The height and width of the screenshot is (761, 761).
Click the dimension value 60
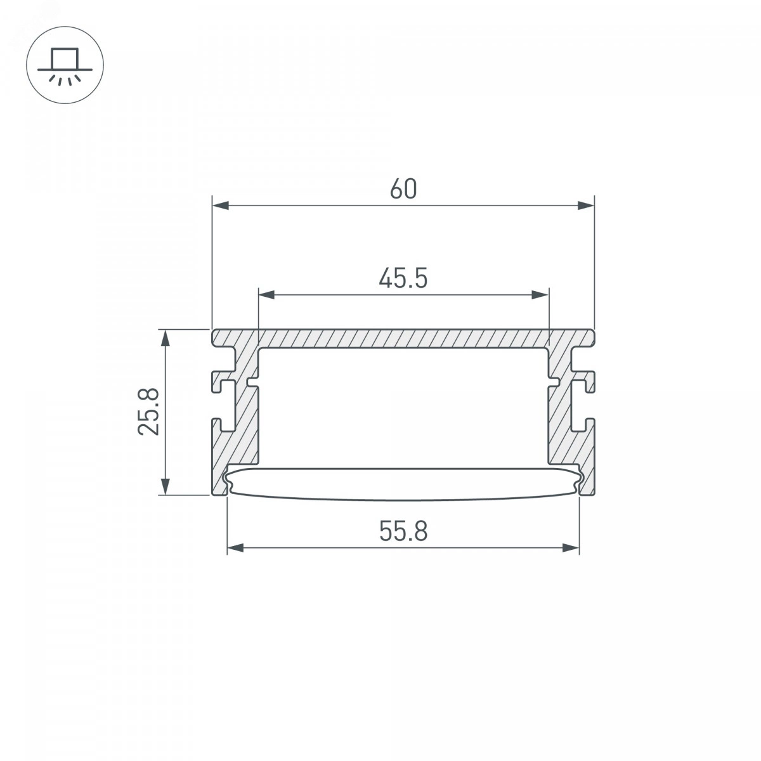[x=403, y=189]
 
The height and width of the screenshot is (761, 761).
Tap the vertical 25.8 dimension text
[x=149, y=412]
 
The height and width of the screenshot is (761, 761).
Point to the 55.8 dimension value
[x=403, y=531]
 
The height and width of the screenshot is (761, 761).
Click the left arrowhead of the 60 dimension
[x=220, y=205]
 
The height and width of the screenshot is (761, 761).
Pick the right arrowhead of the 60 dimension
[x=586, y=205]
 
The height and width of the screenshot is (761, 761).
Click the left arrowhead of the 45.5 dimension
[x=266, y=295]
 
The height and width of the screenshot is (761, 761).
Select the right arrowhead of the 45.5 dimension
[x=540, y=295]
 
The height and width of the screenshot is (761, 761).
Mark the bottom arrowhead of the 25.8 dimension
[x=166, y=486]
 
